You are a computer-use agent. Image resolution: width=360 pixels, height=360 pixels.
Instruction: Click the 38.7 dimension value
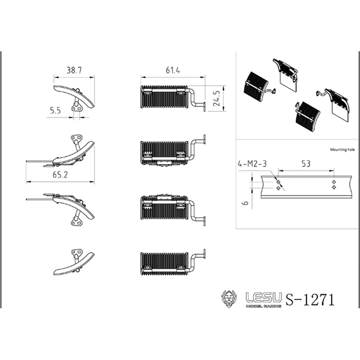74,70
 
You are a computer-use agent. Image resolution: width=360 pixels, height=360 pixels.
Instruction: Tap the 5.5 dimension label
55,111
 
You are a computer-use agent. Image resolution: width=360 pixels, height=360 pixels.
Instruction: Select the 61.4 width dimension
173,70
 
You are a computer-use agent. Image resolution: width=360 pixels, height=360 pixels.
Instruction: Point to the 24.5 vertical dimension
217,98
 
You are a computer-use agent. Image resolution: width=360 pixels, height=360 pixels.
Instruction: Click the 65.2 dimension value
60,175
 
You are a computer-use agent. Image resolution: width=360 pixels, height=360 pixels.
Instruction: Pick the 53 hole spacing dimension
306,164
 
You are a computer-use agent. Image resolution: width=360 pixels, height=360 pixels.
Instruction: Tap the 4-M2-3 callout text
252,164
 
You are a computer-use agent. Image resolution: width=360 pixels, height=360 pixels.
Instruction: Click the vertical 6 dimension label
245,203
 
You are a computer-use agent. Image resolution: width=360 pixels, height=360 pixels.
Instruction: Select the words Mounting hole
342,150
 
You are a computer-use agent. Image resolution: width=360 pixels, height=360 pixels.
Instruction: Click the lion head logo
229,299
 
